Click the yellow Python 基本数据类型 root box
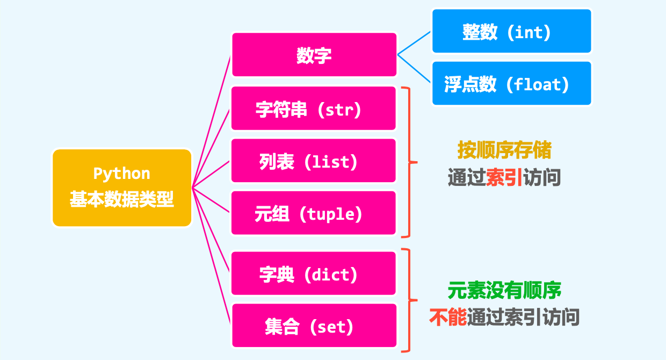point(122,188)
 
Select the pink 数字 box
point(314,55)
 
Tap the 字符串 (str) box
point(314,109)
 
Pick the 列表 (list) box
point(314,161)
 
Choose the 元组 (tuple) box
point(314,213)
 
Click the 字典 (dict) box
point(314,274)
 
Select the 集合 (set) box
point(314,326)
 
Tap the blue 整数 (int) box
point(511,32)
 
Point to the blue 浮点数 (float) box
point(511,83)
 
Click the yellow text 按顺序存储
point(504,150)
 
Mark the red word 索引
point(504,178)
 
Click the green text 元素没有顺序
point(504,291)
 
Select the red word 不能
point(447,318)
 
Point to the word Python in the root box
point(122,174)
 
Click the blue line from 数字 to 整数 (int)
point(414,42)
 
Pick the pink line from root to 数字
point(212,121)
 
